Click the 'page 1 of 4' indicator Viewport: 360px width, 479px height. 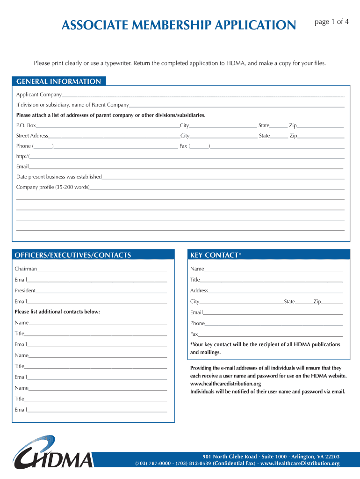tap(331, 22)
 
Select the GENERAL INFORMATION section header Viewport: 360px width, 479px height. tap(58, 81)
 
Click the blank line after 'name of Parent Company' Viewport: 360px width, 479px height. tap(237, 105)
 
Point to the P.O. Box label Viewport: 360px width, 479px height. tap(26, 125)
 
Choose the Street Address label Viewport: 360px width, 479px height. tap(32, 136)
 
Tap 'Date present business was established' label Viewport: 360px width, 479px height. tap(59, 177)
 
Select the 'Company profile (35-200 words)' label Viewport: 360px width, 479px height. tap(53, 187)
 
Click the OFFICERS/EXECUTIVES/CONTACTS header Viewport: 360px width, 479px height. tap(73, 255)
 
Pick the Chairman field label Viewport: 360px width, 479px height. tap(26, 269)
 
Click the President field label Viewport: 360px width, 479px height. tap(25, 290)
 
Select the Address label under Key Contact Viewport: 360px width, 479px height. tap(199, 290)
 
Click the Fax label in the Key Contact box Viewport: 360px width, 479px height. tap(194, 334)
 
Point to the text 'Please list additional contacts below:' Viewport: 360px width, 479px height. tap(57, 312)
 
